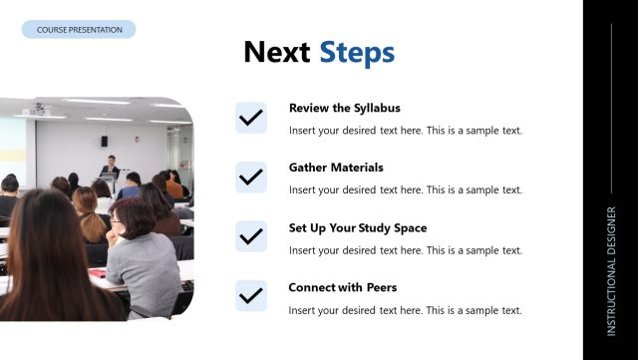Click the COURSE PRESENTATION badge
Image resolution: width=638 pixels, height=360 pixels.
pos(79,30)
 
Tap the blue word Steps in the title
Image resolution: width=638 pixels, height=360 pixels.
pos(357,53)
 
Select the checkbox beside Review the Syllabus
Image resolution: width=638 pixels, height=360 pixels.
pos(251,118)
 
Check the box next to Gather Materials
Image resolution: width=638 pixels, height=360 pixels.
pos(251,178)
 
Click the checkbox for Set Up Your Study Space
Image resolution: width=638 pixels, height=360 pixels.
pos(251,236)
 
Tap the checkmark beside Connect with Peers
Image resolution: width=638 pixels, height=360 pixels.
pos(251,296)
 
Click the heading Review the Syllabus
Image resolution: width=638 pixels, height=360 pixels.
pos(344,108)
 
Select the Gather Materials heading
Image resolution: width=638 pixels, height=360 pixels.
pos(336,168)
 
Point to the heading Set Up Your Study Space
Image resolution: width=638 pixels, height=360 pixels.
pos(357,227)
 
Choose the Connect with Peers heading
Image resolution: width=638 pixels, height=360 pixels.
pos(342,287)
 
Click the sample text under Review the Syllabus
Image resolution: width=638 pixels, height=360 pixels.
pos(405,131)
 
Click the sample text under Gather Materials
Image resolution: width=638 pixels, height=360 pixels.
pos(405,190)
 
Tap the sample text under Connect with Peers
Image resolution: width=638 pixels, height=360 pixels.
pos(405,310)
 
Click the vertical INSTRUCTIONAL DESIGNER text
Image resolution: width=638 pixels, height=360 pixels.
pos(611,270)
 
